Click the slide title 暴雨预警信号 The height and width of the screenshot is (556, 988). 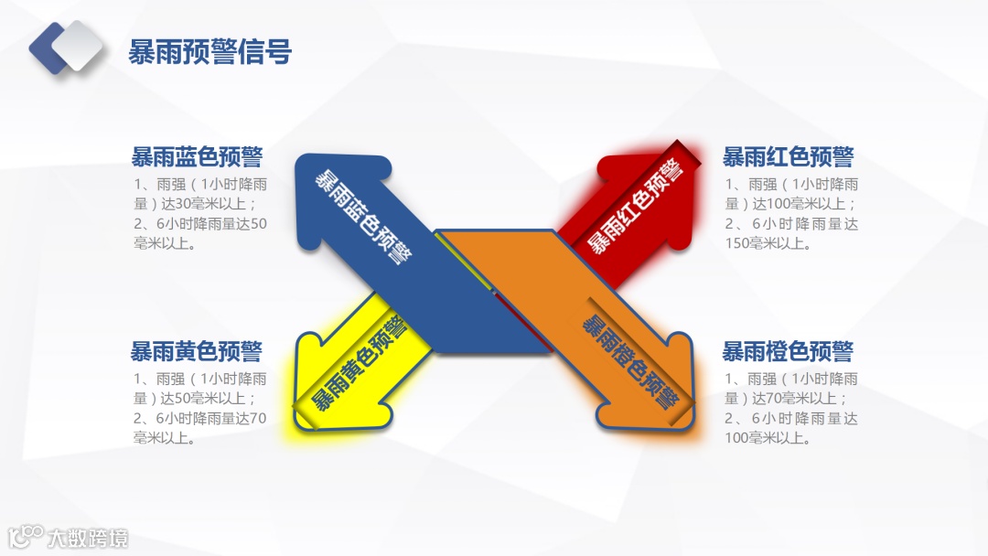point(210,52)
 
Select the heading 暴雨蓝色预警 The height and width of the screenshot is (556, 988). point(197,156)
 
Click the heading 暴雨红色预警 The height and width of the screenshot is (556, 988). point(788,156)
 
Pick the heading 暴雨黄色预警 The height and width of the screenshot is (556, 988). point(197,351)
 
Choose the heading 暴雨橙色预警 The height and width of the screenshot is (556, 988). point(788,351)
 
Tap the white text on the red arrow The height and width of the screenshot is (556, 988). point(634,207)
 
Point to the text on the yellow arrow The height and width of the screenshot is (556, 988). point(359,364)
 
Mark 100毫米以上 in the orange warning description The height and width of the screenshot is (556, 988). point(768,438)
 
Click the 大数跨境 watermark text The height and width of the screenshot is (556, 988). point(89,538)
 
